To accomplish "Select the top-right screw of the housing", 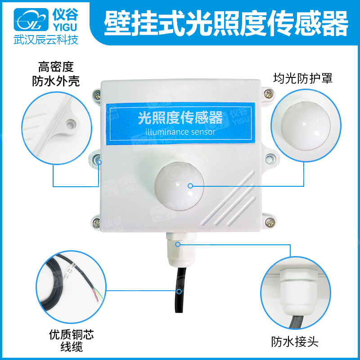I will coord(269,94).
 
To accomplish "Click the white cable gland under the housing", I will coord(176,250).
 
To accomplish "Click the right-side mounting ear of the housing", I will coord(269,158).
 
